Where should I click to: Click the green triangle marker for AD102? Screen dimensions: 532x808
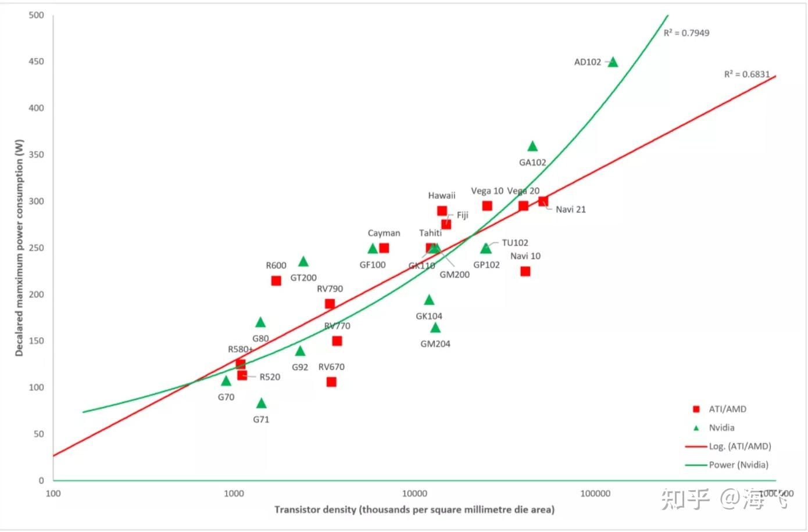[x=613, y=62]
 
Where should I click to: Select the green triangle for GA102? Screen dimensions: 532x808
[x=532, y=146]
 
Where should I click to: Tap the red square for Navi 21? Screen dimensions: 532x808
[x=543, y=202]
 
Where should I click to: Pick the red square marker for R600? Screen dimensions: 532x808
[x=276, y=281]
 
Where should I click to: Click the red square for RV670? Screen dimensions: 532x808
[x=331, y=382]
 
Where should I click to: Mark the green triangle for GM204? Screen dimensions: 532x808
[x=435, y=328]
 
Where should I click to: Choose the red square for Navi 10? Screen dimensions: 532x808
[x=525, y=271]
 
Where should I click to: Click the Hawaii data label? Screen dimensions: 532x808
[x=442, y=196]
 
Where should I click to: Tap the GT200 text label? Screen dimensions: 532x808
[x=303, y=278]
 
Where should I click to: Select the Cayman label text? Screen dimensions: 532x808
[x=384, y=233]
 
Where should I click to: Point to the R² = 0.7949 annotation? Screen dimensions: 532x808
[x=687, y=33]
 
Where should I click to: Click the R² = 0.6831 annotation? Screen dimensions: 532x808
[x=747, y=74]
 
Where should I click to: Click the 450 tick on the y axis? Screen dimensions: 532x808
[x=36, y=62]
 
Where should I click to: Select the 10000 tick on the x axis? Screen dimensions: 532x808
[x=414, y=494]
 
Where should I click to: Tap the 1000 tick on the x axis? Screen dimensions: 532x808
[x=234, y=494]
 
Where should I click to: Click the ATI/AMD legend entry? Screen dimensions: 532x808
[x=727, y=409]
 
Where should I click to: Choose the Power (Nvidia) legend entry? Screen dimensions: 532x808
[x=738, y=465]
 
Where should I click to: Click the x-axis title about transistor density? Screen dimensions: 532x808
[x=414, y=509]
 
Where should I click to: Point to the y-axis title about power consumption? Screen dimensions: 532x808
[x=20, y=248]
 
